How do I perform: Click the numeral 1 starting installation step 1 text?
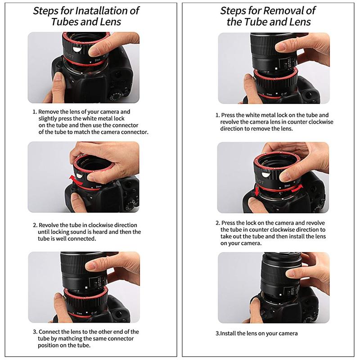(34, 112)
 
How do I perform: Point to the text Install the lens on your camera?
(259, 333)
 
